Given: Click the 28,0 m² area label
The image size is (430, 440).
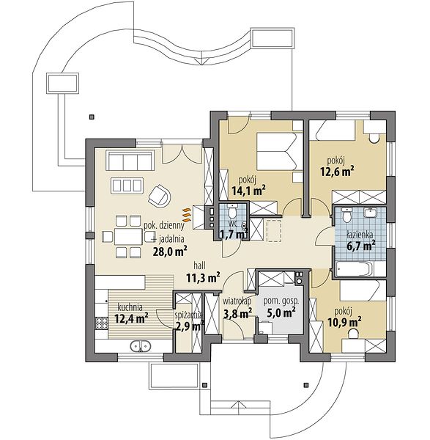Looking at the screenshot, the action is pos(170,252).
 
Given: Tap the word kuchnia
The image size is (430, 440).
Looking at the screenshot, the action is pos(130,307).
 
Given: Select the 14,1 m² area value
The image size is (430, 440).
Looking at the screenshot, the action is pos(248,191).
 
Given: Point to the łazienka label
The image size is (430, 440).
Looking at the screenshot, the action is pos(360,235).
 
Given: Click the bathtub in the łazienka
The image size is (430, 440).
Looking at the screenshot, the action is pos(354,269).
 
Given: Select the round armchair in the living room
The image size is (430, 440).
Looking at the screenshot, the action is pos(159,195).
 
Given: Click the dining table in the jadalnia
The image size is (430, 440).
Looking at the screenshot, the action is pos(128,236).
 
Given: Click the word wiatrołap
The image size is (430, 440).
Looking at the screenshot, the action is pos(237,301).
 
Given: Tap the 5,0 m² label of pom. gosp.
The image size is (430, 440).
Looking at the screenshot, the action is pos(281,312).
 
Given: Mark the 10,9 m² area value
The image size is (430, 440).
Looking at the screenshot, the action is pos(344,322).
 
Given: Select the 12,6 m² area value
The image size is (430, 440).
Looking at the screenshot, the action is pos(337,172).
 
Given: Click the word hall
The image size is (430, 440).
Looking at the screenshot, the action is pos(199,265).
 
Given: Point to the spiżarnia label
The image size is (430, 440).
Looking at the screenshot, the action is pos(189,315).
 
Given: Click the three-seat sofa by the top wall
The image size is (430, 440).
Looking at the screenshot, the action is pos(130,161).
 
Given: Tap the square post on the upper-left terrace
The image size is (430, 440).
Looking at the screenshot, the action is pos(91,117).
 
